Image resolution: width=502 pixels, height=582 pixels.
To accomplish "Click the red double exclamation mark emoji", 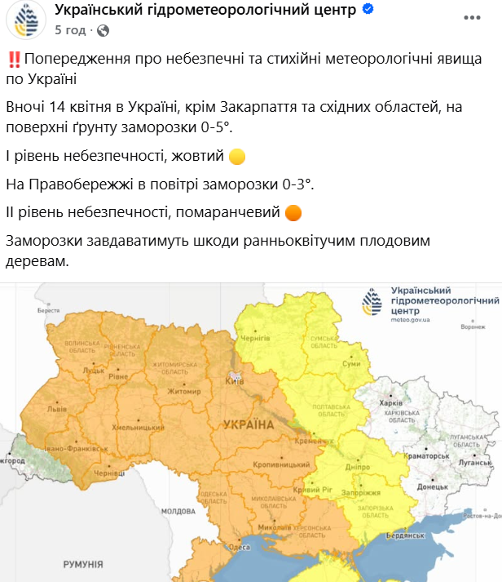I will pyautogui.click(x=13, y=60).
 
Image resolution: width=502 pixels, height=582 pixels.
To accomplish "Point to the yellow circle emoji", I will pyautogui.click(x=236, y=156).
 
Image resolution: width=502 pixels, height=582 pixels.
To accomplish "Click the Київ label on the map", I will pyautogui.click(x=233, y=381).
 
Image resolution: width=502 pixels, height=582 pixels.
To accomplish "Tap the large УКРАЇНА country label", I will pyautogui.click(x=248, y=424).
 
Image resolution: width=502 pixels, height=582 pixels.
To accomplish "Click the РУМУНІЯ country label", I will pyautogui.click(x=82, y=564).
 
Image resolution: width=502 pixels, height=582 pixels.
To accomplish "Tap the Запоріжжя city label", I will pyautogui.click(x=366, y=494).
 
